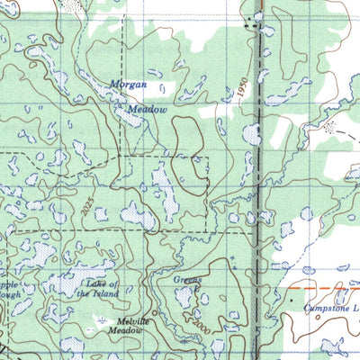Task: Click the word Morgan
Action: tap(128, 85)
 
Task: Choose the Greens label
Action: tap(187, 281)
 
